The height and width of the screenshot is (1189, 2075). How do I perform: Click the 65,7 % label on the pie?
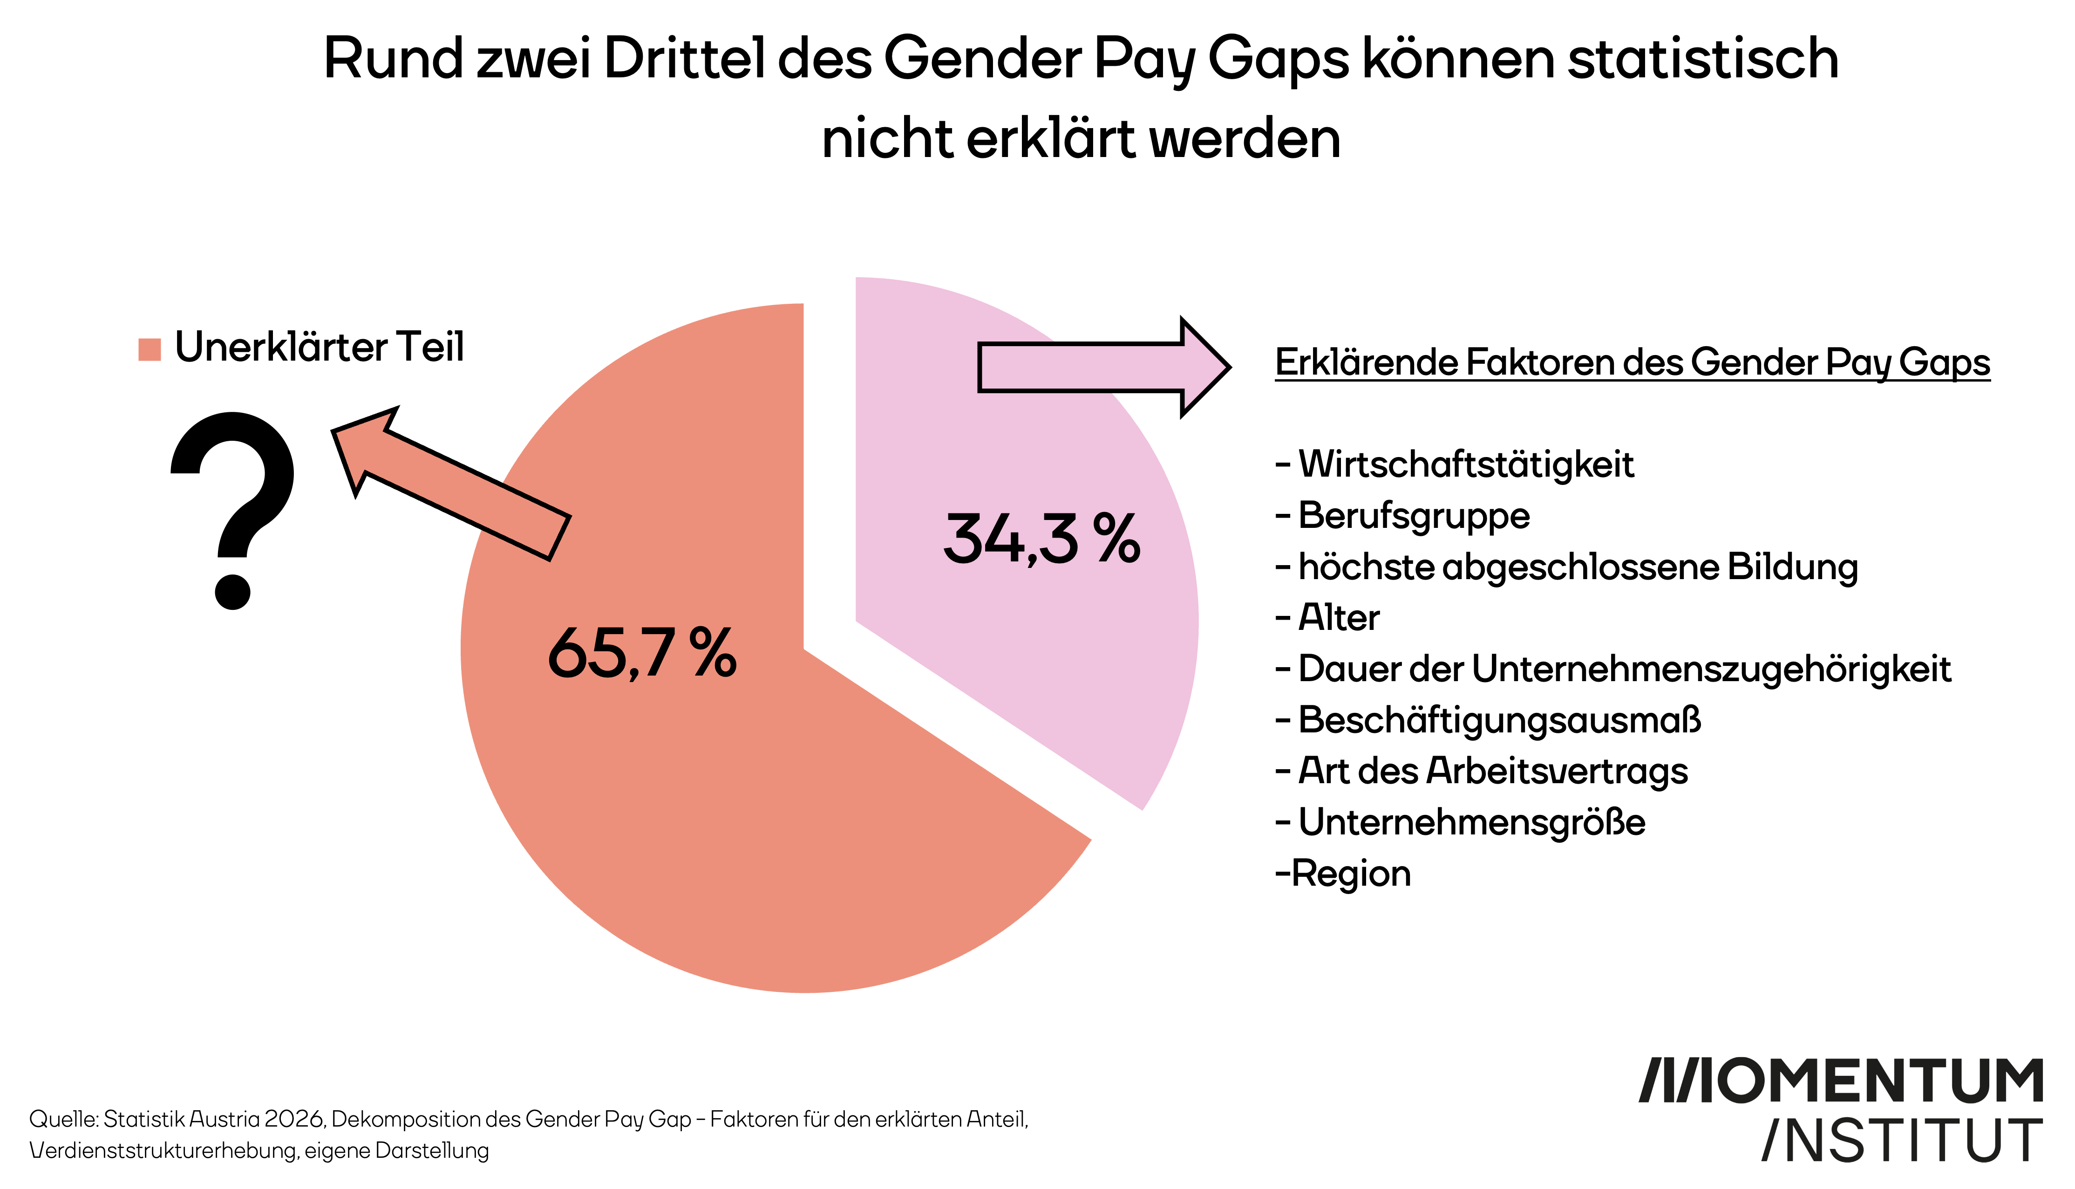point(642,653)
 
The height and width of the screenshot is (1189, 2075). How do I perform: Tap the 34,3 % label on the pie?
point(1041,539)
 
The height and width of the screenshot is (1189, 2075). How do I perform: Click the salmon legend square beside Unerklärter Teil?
point(150,349)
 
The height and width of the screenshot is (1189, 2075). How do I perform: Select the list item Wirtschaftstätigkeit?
point(1465,465)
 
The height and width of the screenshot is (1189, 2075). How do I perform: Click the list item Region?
point(1351,874)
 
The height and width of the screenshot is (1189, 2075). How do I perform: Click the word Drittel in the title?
point(684,59)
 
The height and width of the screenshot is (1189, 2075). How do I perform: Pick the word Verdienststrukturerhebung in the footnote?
point(163,1151)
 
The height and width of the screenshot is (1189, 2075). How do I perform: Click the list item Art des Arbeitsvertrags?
point(1492,771)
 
